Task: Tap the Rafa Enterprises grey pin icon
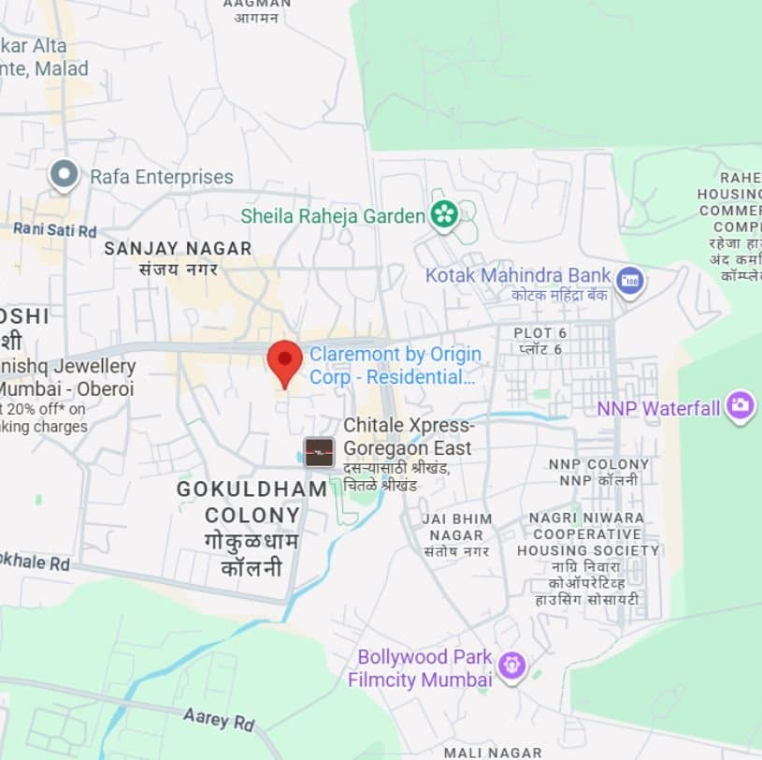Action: pos(64,174)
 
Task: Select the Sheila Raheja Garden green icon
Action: pos(444,215)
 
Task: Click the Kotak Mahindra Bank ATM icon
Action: pos(630,280)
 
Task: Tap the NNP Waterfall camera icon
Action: pos(740,406)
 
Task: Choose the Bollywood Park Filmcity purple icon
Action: pos(511,665)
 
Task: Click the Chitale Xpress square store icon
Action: pos(319,452)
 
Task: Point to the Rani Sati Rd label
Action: pos(54,229)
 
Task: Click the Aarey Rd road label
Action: pos(219,719)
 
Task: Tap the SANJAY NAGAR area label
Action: pos(178,248)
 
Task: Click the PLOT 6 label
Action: pos(539,333)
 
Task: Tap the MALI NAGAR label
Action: pos(492,753)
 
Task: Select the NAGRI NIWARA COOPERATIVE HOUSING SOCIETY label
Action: pos(587,534)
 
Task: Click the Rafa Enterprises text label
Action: pos(162,177)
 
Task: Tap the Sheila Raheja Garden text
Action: pos(333,216)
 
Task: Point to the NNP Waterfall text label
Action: pos(658,408)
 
